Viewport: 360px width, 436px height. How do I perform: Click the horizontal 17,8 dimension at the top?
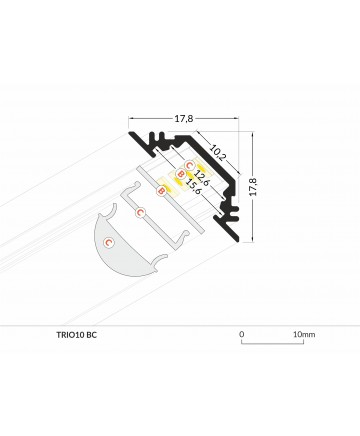point(184,118)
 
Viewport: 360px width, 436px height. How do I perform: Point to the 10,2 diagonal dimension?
point(218,152)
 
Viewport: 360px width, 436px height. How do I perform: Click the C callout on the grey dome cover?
point(108,242)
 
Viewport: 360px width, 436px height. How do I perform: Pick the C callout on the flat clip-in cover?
point(140,212)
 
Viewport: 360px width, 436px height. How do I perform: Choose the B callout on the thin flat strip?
point(161,191)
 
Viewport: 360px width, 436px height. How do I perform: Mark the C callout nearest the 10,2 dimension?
point(189,165)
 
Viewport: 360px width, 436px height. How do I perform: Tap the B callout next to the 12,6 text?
point(180,173)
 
